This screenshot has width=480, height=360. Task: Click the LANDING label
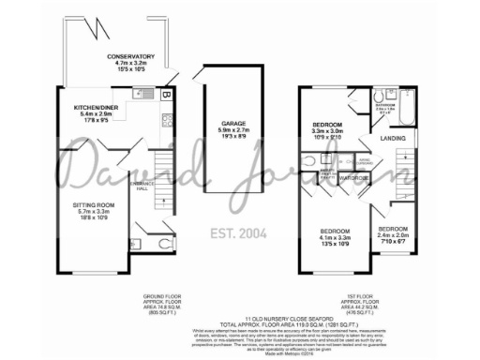pyautogui.click(x=392, y=140)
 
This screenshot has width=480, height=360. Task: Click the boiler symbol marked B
pyautogui.click(x=165, y=95)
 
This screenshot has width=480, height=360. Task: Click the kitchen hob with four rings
pyautogui.click(x=165, y=119)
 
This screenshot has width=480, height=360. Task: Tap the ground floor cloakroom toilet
pyautogui.click(x=163, y=246)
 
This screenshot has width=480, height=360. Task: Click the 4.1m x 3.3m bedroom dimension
pyautogui.click(x=335, y=238)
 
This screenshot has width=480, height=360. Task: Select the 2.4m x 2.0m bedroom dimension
pyautogui.click(x=393, y=237)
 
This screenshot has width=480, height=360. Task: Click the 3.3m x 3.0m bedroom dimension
pyautogui.click(x=328, y=132)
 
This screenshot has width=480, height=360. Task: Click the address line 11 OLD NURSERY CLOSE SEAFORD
pyautogui.click(x=240, y=319)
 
